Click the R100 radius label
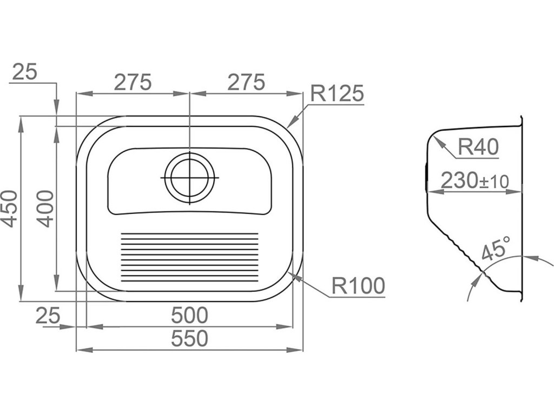click(x=357, y=285)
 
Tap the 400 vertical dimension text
click(x=45, y=209)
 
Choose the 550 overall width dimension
click(x=189, y=339)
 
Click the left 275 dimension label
click(x=132, y=82)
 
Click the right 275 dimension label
click(x=246, y=82)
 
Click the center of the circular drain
click(x=189, y=178)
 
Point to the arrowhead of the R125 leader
click(x=289, y=126)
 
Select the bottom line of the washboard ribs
click(x=189, y=281)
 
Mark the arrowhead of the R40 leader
click(x=436, y=137)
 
